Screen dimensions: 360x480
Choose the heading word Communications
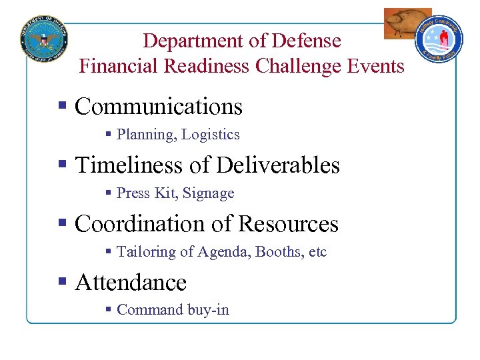pos(159,107)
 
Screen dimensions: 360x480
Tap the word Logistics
pos(211,135)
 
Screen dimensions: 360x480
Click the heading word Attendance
pos(131,283)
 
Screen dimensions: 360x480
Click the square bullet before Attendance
pos(63,282)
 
